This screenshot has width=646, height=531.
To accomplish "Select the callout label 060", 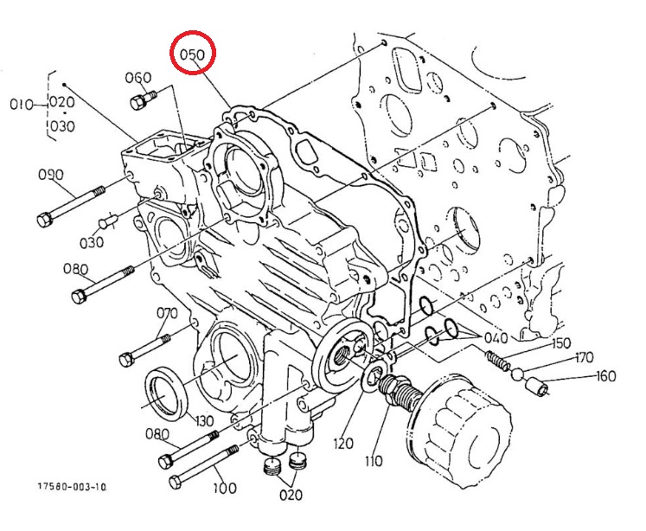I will click(x=138, y=78).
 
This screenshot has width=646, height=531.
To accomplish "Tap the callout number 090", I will click(x=51, y=175).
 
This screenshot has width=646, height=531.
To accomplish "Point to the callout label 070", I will click(x=166, y=312).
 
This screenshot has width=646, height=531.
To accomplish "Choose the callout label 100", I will click(x=224, y=489).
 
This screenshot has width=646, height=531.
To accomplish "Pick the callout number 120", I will click(x=344, y=444).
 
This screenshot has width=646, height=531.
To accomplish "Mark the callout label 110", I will click(x=373, y=461).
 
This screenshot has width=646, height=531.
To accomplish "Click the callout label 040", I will click(x=496, y=338).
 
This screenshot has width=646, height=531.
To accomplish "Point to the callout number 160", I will click(x=606, y=377).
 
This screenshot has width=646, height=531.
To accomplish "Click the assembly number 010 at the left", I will click(x=21, y=105).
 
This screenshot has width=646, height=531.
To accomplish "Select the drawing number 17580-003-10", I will click(x=73, y=487).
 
